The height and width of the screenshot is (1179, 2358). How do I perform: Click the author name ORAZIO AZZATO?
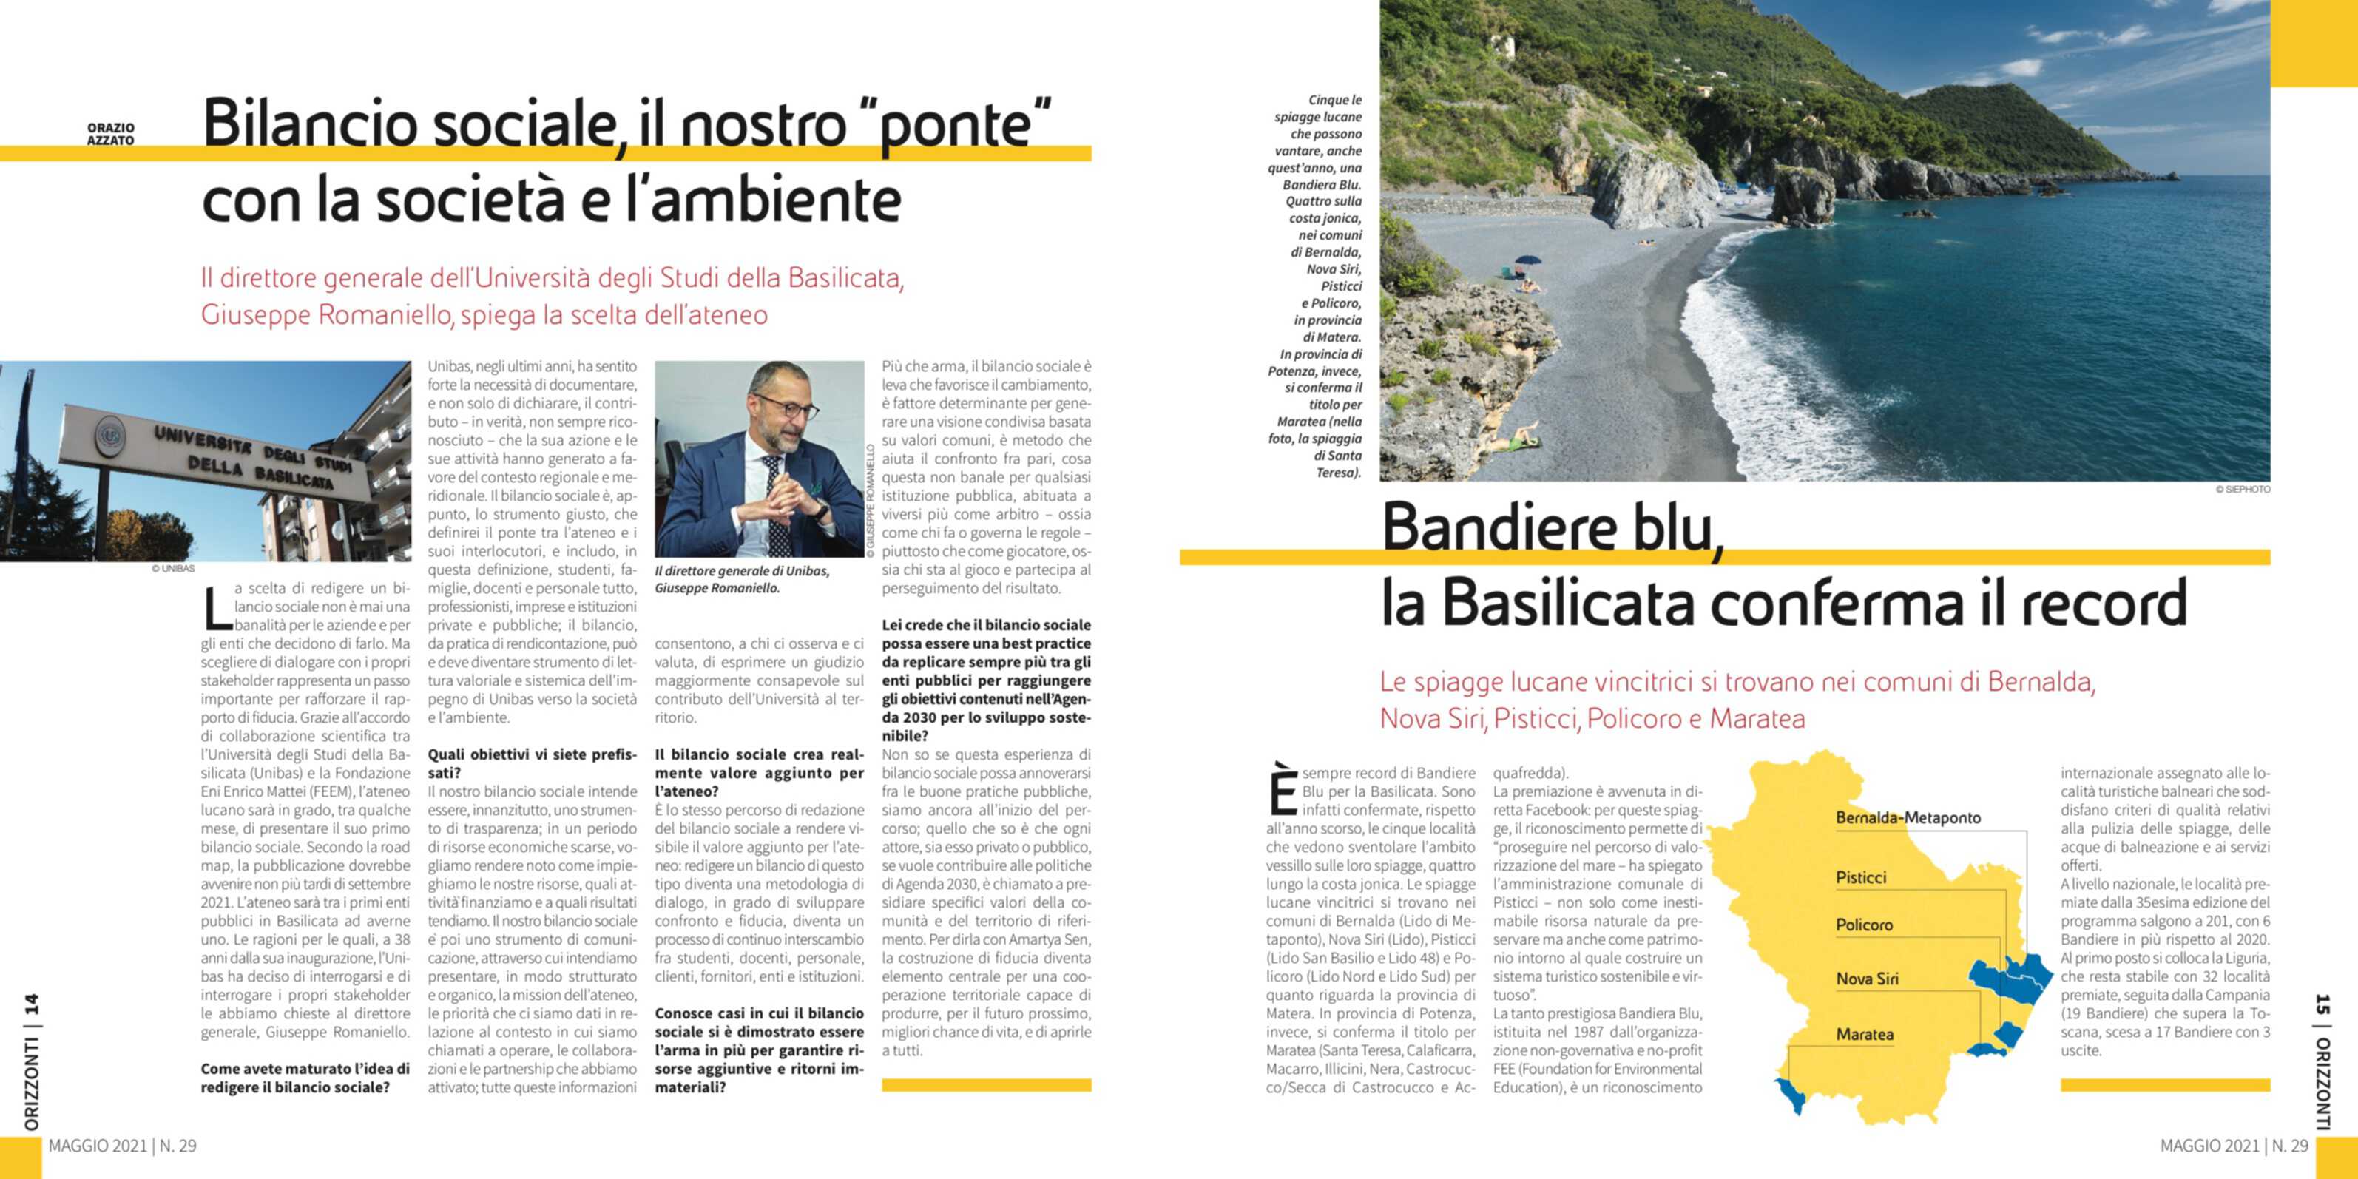click(x=111, y=135)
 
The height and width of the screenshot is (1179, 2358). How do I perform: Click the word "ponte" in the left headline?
click(x=952, y=126)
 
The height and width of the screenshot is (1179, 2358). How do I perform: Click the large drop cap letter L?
click(x=216, y=608)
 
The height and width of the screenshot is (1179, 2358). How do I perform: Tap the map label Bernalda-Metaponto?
click(x=1908, y=818)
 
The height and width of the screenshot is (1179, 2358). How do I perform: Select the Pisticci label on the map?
click(x=1861, y=878)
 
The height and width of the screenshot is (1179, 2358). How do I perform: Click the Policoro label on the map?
click(x=1864, y=925)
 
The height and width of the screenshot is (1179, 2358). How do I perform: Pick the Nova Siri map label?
click(x=1866, y=979)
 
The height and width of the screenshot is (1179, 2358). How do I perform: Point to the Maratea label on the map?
click(x=1865, y=1034)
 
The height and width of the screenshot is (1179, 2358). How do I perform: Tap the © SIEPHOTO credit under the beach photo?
click(x=2243, y=490)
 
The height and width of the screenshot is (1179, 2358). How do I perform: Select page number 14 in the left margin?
click(x=31, y=1005)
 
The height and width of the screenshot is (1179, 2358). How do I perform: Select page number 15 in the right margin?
click(x=2322, y=1005)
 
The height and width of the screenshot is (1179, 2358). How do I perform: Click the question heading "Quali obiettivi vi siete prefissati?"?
click(x=531, y=763)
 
